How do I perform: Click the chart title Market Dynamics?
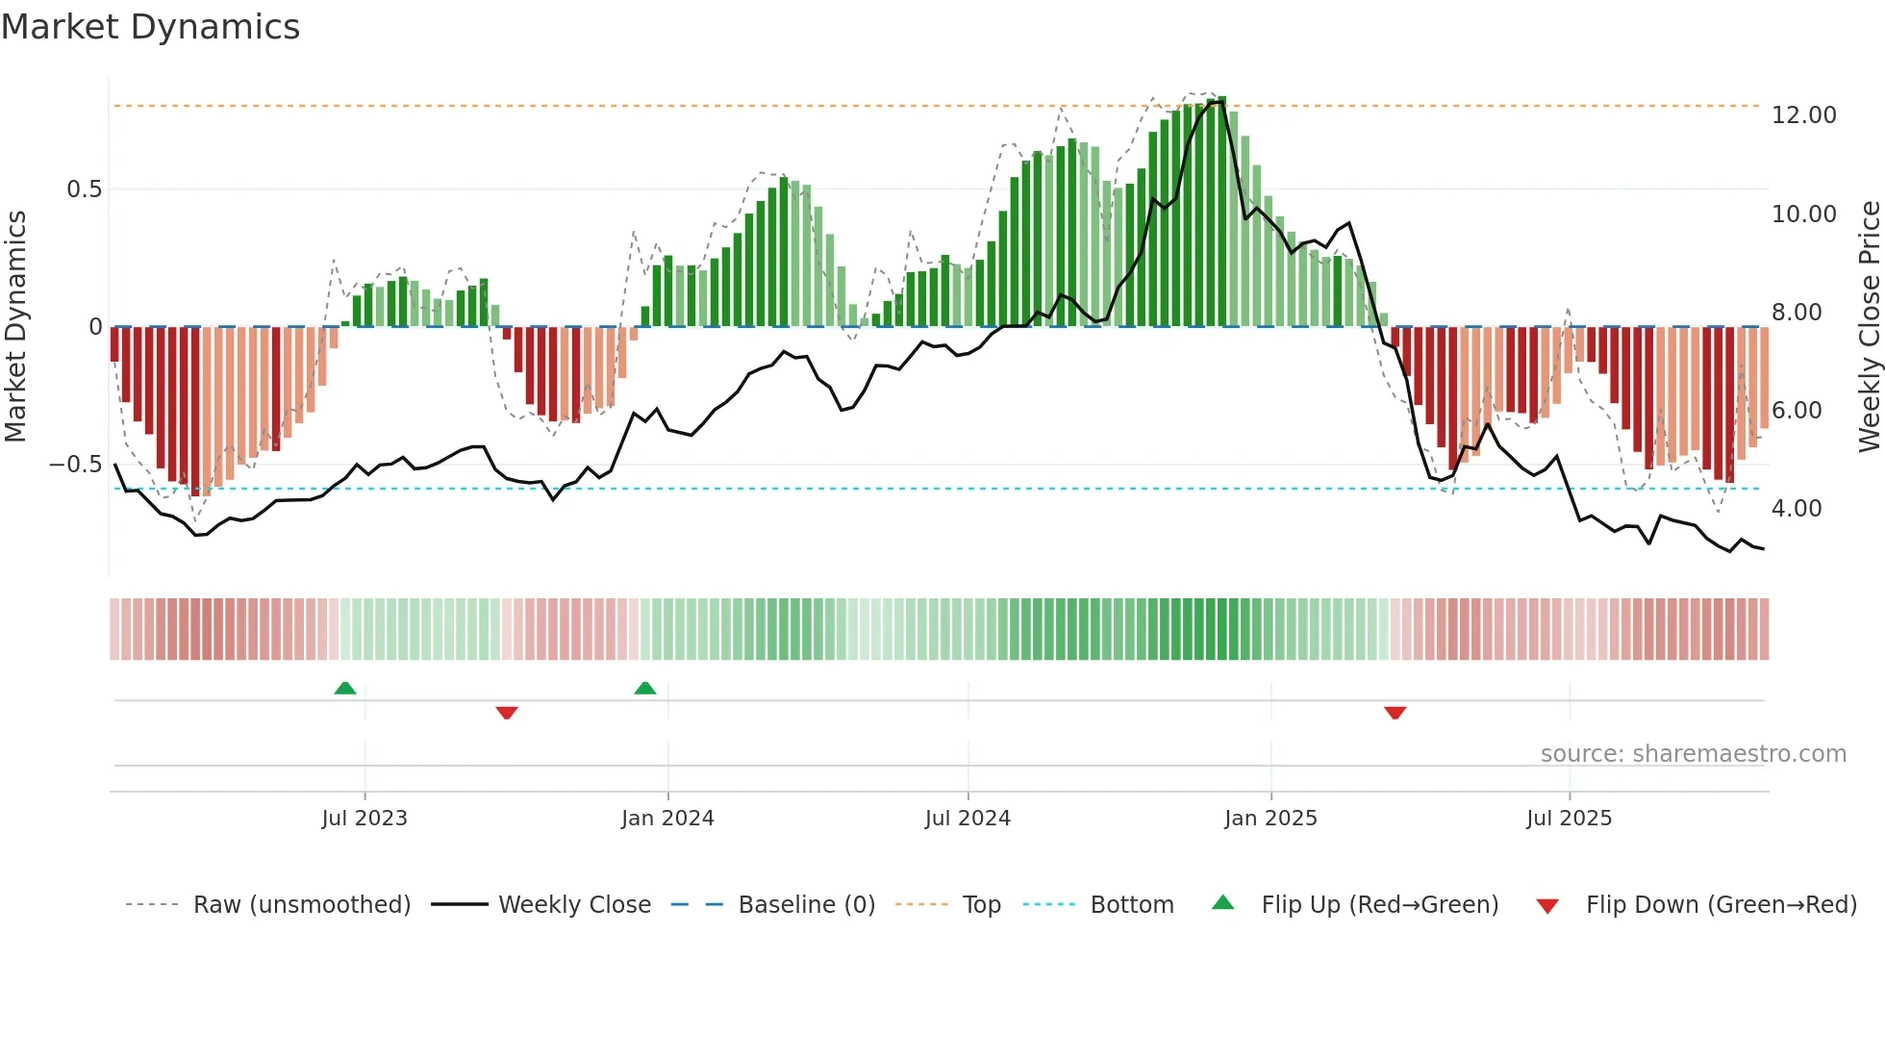(150, 27)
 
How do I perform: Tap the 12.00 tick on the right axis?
(1803, 115)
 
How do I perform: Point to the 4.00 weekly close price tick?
(1796, 509)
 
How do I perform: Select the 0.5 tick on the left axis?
(84, 189)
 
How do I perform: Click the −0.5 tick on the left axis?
(76, 465)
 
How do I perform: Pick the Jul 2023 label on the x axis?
(364, 819)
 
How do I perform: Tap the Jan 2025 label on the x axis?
(1270, 819)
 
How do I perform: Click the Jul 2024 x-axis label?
(968, 819)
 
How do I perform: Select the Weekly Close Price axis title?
(1869, 327)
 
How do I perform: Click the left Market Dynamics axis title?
(15, 327)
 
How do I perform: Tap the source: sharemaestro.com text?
(1693, 754)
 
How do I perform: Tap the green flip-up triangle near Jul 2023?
(345, 688)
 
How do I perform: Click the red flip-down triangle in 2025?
(1395, 712)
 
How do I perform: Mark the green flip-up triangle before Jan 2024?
(645, 688)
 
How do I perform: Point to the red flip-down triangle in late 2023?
(507, 712)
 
